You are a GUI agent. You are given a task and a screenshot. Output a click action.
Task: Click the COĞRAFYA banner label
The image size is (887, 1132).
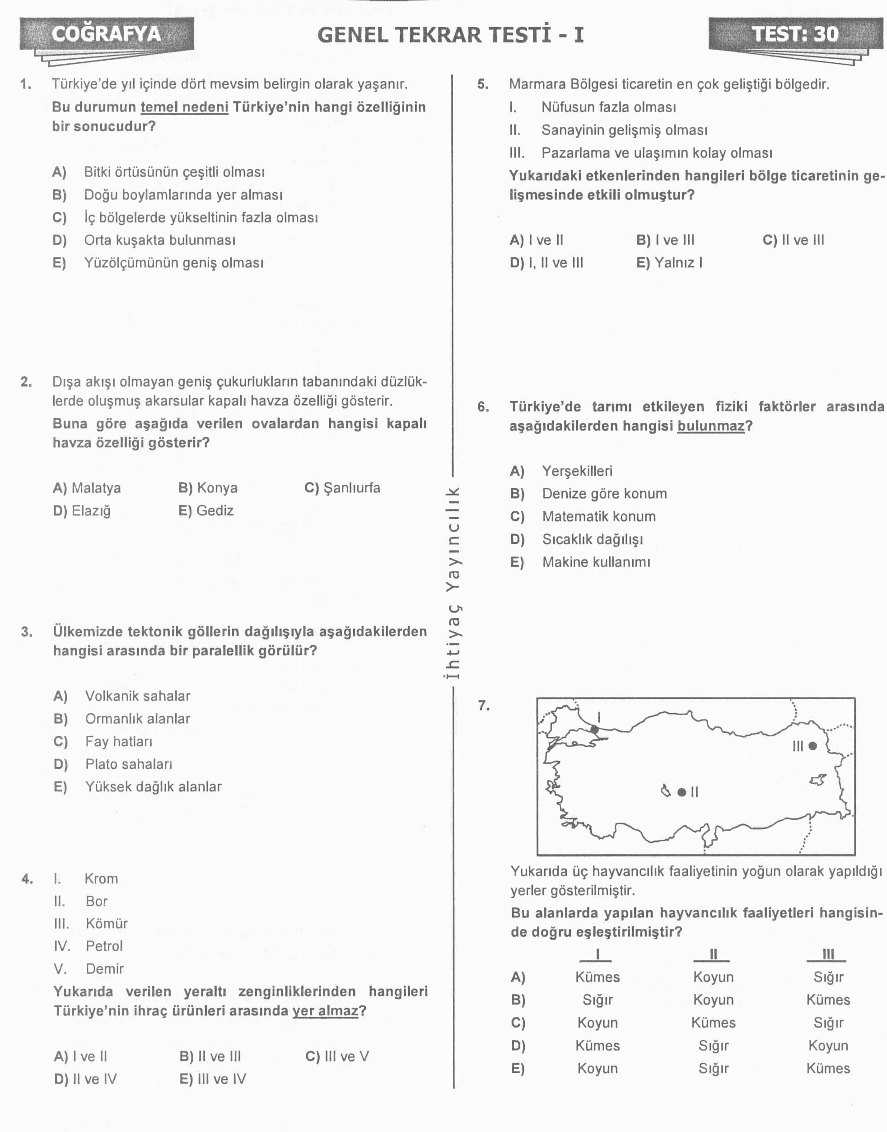point(107,34)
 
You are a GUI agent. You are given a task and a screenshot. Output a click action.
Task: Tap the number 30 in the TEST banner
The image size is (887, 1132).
point(826,34)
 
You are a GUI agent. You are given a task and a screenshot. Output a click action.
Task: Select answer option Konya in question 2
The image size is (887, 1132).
point(208,488)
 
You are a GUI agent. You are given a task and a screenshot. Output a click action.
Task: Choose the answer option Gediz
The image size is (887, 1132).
point(206,511)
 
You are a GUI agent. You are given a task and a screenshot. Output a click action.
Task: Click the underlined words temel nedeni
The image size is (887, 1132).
point(184,107)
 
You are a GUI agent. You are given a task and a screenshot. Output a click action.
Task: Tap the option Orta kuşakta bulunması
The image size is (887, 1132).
point(159,240)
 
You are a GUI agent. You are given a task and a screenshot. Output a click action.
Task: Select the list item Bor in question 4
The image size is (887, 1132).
point(97,901)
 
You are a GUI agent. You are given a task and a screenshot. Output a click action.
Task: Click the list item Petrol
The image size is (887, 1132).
point(104,946)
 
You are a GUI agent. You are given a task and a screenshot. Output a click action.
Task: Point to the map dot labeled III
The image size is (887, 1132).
point(813,746)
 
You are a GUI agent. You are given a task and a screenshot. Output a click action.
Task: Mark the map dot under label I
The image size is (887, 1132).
point(595,730)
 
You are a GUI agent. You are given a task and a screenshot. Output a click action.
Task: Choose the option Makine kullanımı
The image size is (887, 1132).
point(596,562)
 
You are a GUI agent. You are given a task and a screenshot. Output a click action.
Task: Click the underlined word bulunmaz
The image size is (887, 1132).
point(710,426)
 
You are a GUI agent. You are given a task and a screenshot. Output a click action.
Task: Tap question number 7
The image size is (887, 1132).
point(484,706)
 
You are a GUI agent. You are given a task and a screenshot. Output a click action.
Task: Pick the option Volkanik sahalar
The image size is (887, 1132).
point(138,696)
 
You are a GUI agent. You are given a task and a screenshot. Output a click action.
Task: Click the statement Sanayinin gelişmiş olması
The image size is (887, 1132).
point(624,130)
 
